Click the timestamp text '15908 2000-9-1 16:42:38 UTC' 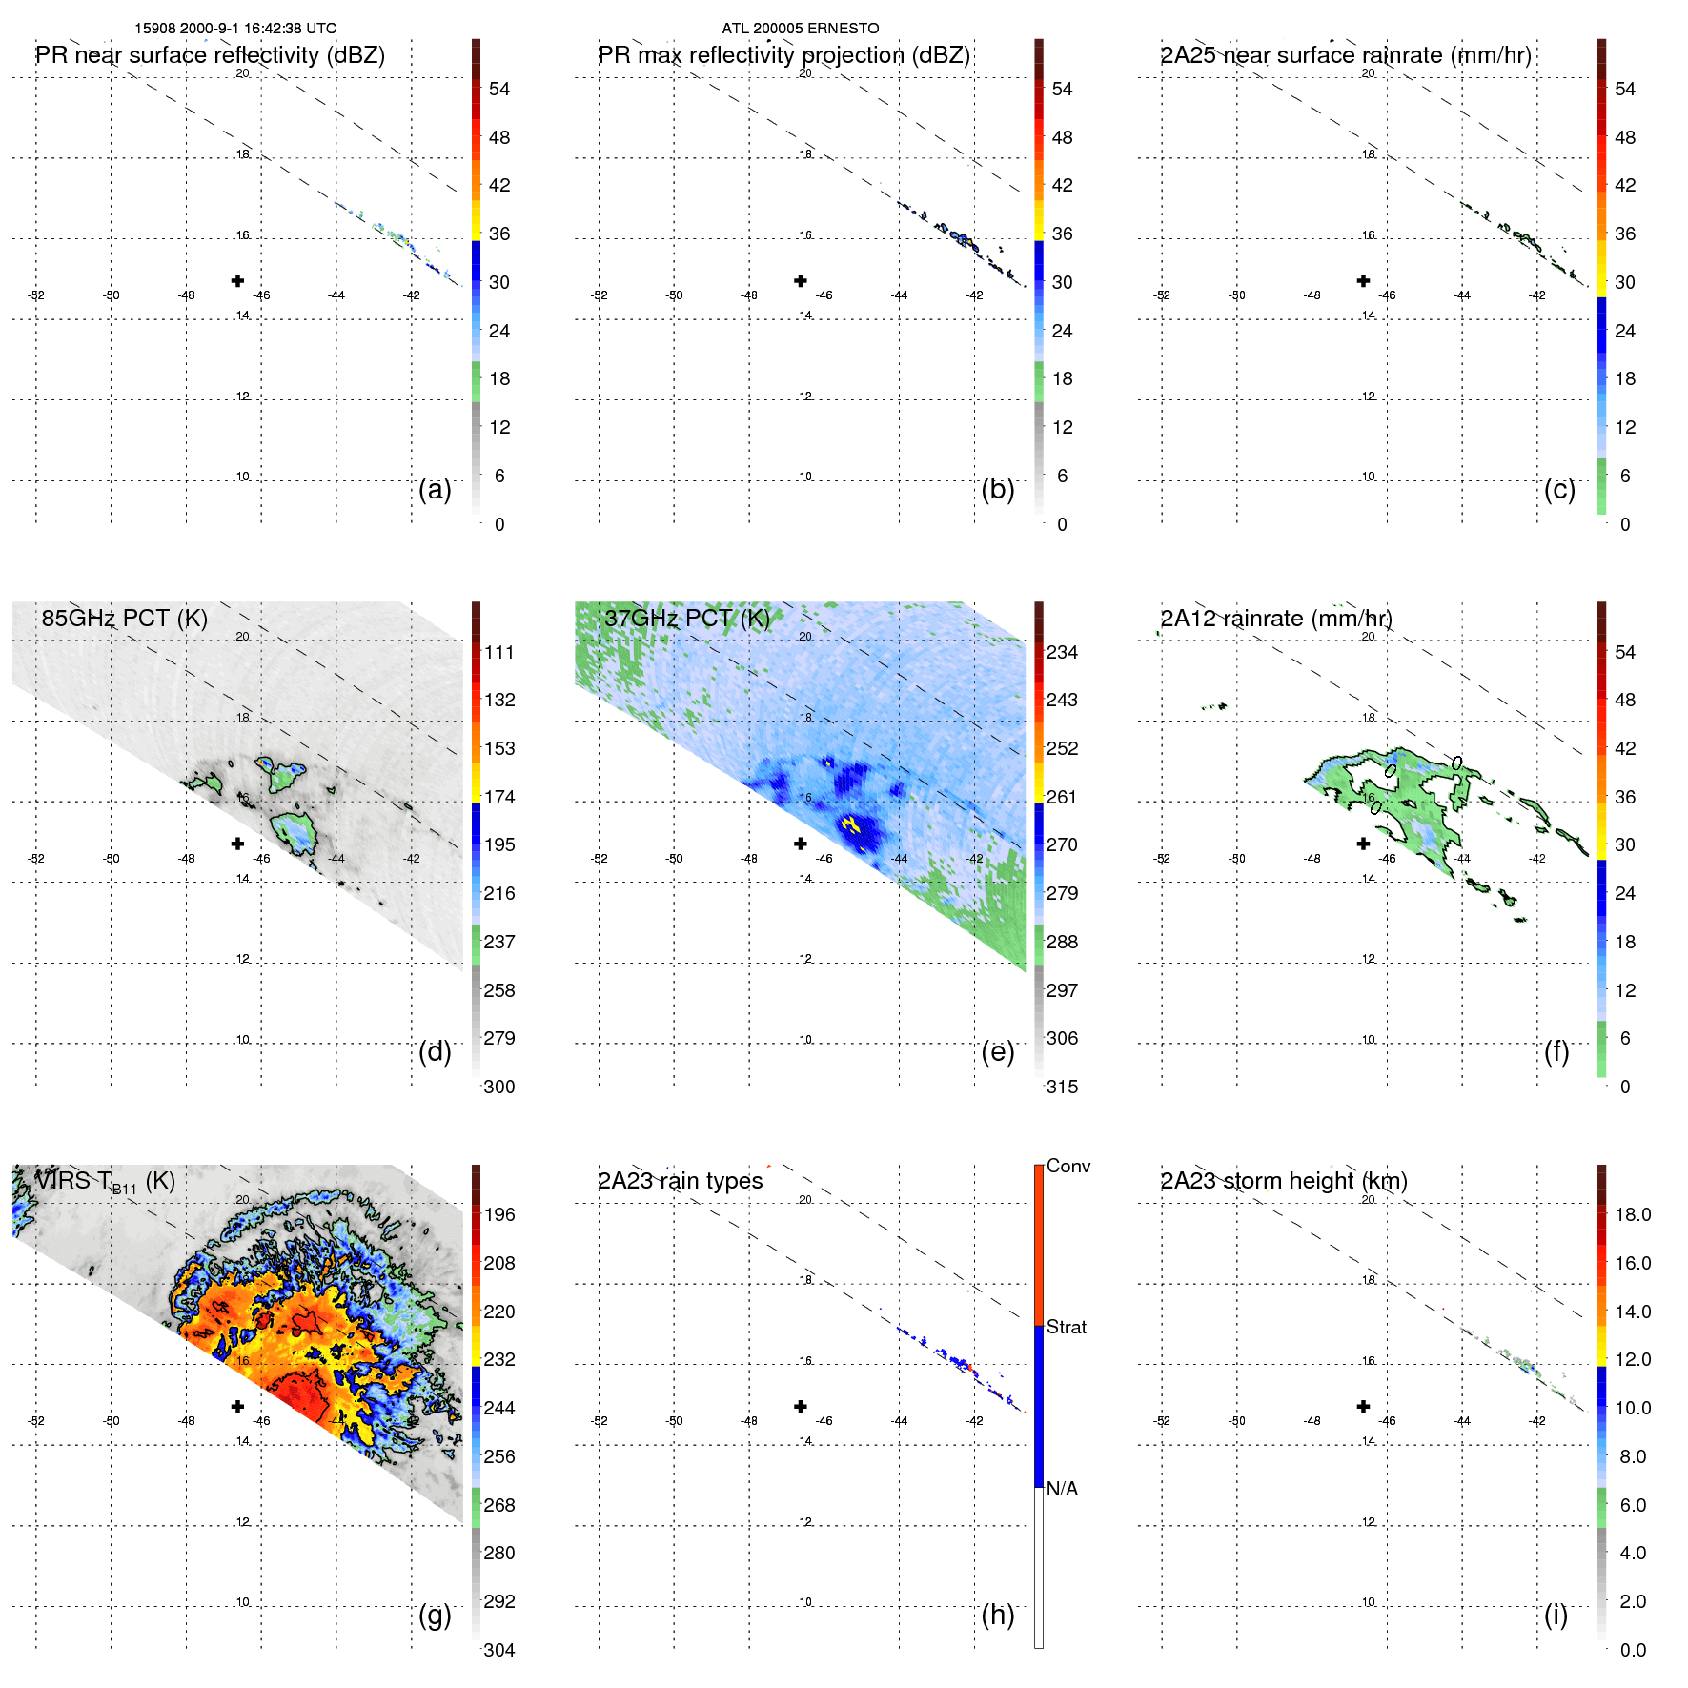235,29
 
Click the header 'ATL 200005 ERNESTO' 800,29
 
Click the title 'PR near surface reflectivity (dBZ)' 211,55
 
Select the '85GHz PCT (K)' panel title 125,619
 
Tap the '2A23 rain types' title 680,1181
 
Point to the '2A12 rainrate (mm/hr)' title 1276,619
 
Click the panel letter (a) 435,489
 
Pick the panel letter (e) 997,1051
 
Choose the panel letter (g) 435,1615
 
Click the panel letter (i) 1556,1615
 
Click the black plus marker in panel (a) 237,280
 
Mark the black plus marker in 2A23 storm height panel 1363,1406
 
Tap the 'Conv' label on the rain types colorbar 1068,1166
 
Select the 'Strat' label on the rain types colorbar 1066,1327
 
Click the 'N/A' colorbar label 1062,1489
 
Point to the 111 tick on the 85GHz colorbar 498,652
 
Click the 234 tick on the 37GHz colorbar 1062,652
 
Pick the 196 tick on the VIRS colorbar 498,1214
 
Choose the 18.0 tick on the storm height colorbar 1632,1214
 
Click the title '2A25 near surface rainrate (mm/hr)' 1345,55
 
